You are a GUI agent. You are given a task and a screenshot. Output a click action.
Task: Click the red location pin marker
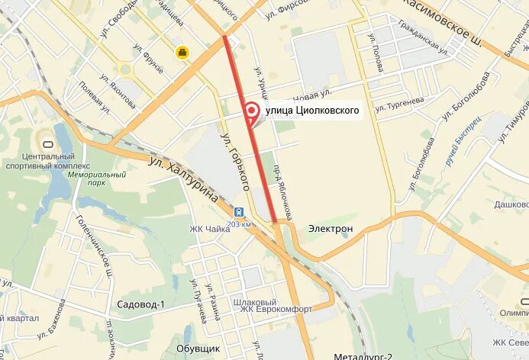coord(250,111)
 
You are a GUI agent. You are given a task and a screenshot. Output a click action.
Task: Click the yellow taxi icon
coord(183,52)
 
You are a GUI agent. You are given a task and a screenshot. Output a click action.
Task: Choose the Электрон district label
coord(330,228)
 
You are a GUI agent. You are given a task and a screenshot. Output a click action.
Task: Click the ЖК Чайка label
coord(210,230)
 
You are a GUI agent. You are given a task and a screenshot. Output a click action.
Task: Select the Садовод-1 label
coord(140,304)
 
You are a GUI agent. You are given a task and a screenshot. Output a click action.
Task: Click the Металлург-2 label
coord(363,355)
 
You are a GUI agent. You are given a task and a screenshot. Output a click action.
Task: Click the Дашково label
coord(511,204)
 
